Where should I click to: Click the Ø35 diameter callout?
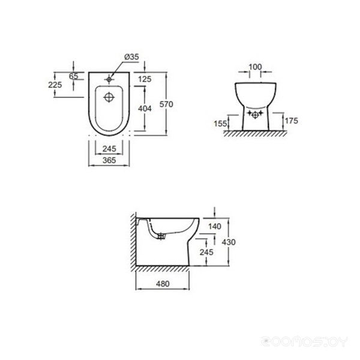(x=131, y=57)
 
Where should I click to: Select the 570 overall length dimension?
(x=166, y=104)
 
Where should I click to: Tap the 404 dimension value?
(x=145, y=109)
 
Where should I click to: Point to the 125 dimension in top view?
(x=145, y=79)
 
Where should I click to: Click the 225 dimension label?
(x=55, y=85)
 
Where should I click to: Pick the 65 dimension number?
(x=74, y=76)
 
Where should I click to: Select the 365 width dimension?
(x=109, y=160)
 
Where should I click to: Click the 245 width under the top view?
(x=109, y=149)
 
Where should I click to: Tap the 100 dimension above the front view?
(x=255, y=67)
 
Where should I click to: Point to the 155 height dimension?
(x=220, y=124)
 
